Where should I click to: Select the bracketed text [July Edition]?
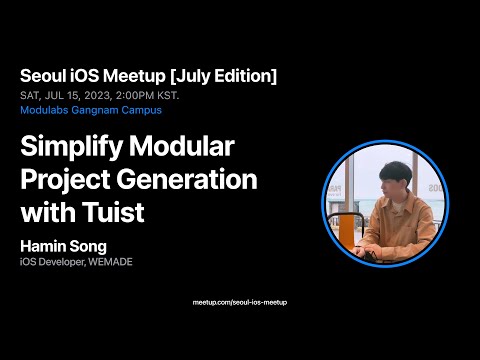point(225,76)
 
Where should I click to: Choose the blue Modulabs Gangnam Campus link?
point(90,110)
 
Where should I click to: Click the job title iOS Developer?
point(50,262)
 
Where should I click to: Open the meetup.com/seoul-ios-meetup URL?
point(240,301)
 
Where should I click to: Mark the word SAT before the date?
point(29,95)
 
